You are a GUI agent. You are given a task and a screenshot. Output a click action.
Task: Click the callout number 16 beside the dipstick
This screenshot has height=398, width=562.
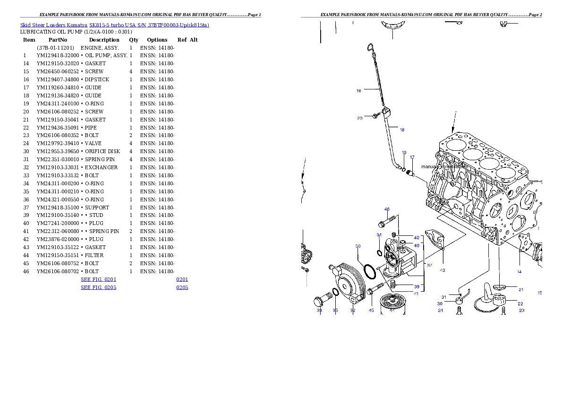coord(359,90)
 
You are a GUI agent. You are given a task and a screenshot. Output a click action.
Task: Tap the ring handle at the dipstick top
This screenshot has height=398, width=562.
coord(371,47)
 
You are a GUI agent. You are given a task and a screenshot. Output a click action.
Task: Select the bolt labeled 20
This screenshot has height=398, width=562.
coord(375,115)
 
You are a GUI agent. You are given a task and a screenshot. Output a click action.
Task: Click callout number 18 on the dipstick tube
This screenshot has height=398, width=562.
coord(402,130)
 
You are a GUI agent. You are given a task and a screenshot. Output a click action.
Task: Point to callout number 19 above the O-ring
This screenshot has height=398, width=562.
coord(404,153)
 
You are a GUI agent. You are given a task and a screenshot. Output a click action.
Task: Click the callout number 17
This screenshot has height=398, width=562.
coord(412,157)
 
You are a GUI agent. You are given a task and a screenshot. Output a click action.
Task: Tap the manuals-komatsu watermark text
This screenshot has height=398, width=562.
coord(444,167)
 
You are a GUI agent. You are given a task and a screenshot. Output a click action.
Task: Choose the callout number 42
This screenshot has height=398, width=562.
coord(417,238)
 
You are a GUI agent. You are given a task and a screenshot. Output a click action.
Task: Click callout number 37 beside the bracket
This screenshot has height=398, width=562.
coord(429,265)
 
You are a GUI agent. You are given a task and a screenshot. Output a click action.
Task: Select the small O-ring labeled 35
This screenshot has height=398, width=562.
coord(335,293)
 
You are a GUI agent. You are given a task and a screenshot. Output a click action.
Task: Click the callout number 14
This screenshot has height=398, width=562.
coord(519,272)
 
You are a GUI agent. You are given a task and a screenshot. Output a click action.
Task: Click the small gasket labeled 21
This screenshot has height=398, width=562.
coord(499,287)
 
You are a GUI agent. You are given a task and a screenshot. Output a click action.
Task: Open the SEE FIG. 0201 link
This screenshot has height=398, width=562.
coord(98,279)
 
